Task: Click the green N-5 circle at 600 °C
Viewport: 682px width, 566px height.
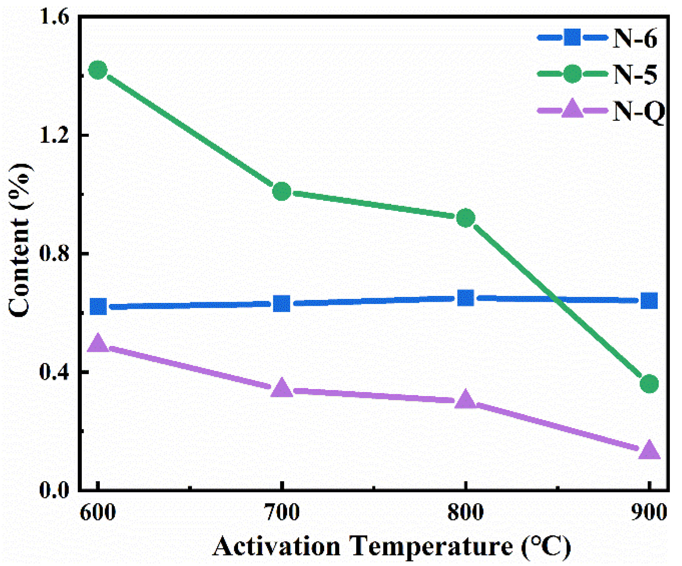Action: tap(98, 70)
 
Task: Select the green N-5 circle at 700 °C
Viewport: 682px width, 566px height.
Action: tap(282, 191)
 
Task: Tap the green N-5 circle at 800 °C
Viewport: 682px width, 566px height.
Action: tap(466, 218)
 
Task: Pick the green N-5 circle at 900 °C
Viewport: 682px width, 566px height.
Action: tap(649, 384)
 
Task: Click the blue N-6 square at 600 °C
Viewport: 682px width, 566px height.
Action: tap(98, 306)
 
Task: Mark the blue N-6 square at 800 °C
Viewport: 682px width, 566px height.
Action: tap(466, 298)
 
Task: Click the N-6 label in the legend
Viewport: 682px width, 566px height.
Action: tap(635, 38)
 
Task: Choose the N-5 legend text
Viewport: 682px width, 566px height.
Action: tap(635, 74)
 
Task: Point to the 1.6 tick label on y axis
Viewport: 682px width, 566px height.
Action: tap(55, 17)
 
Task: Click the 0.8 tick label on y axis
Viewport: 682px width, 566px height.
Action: tap(55, 254)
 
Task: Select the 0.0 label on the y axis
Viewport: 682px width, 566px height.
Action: tap(55, 490)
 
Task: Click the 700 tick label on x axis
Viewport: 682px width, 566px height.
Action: tap(282, 513)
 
